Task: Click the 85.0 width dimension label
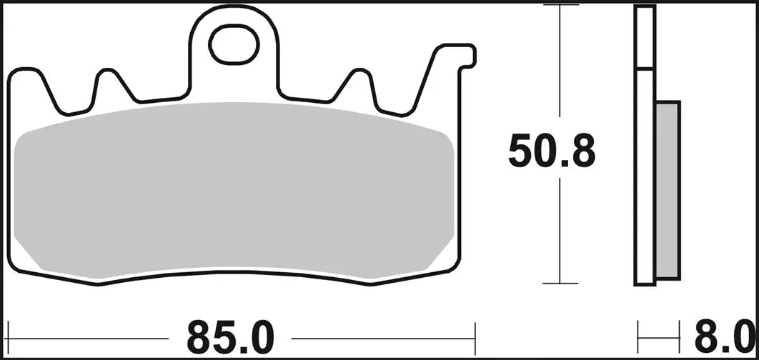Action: tap(230, 334)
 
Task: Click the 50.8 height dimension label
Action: tap(551, 151)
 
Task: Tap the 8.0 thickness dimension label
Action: tap(730, 334)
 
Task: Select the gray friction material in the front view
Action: tap(233, 191)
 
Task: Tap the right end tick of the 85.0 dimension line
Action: tap(475, 334)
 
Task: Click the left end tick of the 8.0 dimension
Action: tap(638, 334)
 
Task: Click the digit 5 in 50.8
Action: tap(520, 151)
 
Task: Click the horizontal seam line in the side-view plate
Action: tap(645, 69)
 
